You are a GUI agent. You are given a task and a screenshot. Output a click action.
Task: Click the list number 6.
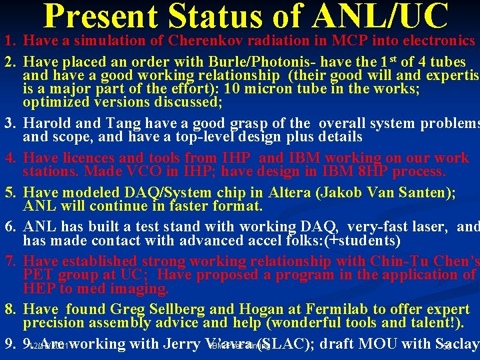[10, 227]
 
